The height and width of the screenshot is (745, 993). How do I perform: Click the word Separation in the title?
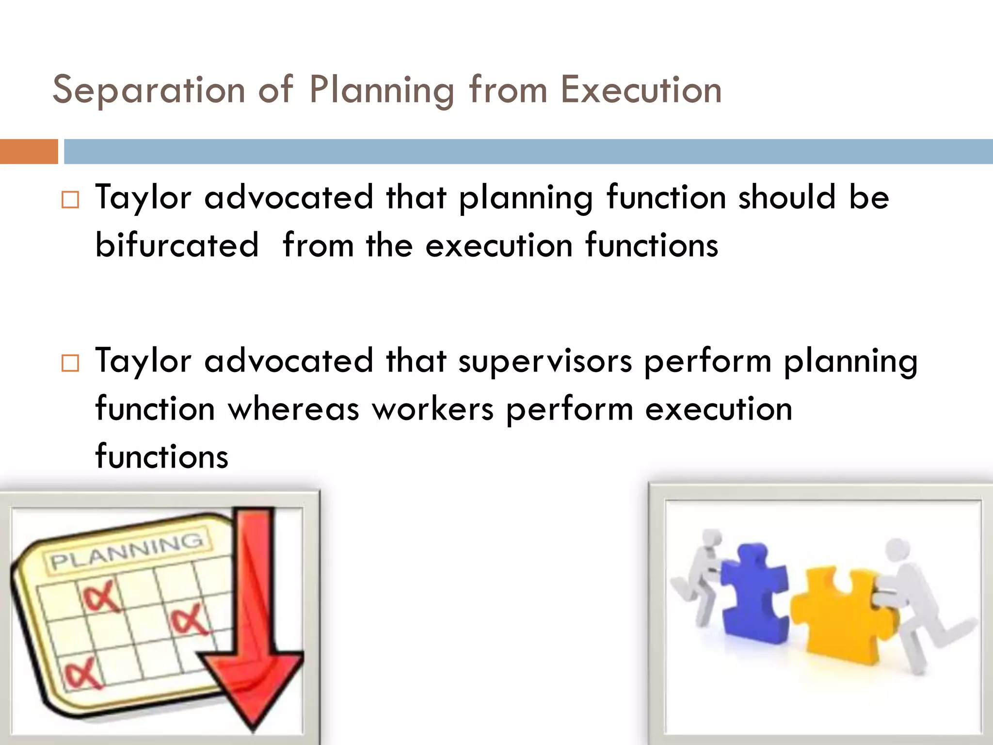click(x=149, y=90)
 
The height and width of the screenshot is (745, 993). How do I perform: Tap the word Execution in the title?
click(x=641, y=90)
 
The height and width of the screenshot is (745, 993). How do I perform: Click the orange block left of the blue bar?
click(x=29, y=151)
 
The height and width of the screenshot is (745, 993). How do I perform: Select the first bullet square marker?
click(x=70, y=200)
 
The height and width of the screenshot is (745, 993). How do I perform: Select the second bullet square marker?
click(x=70, y=363)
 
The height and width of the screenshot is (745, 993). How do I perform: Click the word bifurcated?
click(x=177, y=245)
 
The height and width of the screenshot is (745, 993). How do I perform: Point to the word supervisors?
click(x=545, y=361)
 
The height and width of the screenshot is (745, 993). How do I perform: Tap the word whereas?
click(x=293, y=409)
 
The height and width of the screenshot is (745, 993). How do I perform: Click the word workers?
click(x=432, y=409)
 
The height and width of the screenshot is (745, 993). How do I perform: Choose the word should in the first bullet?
click(x=786, y=197)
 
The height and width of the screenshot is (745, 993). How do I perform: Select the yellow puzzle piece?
click(x=841, y=616)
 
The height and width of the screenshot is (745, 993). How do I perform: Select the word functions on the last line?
click(x=161, y=456)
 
